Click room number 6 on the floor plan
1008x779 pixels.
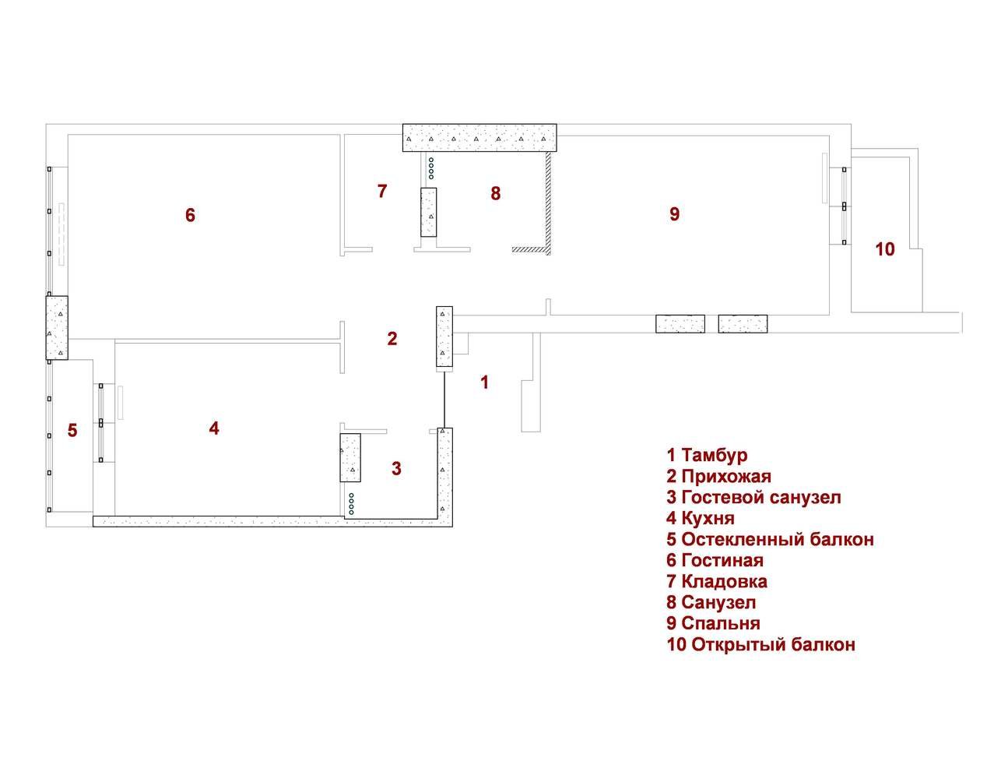[190, 215]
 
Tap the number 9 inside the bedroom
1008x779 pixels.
[675, 213]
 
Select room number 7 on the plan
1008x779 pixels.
[381, 191]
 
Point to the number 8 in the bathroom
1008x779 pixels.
[495, 193]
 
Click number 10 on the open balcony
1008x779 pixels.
[884, 249]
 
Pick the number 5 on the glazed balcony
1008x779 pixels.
[72, 430]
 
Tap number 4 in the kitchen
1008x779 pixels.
[214, 428]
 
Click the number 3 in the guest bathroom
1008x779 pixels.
[396, 468]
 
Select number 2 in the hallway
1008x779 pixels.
[392, 338]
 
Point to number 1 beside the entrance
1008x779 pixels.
[485, 382]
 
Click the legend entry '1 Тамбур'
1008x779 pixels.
[707, 456]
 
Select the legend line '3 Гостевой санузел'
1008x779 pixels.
[753, 497]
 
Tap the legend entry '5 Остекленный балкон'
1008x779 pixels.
[770, 539]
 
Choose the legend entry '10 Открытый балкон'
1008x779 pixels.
[760, 644]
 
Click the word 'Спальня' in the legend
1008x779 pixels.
[721, 623]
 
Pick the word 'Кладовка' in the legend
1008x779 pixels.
[724, 581]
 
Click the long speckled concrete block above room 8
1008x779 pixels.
[479, 137]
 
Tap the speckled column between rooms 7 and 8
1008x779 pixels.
[429, 212]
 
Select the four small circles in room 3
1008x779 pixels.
[351, 504]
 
